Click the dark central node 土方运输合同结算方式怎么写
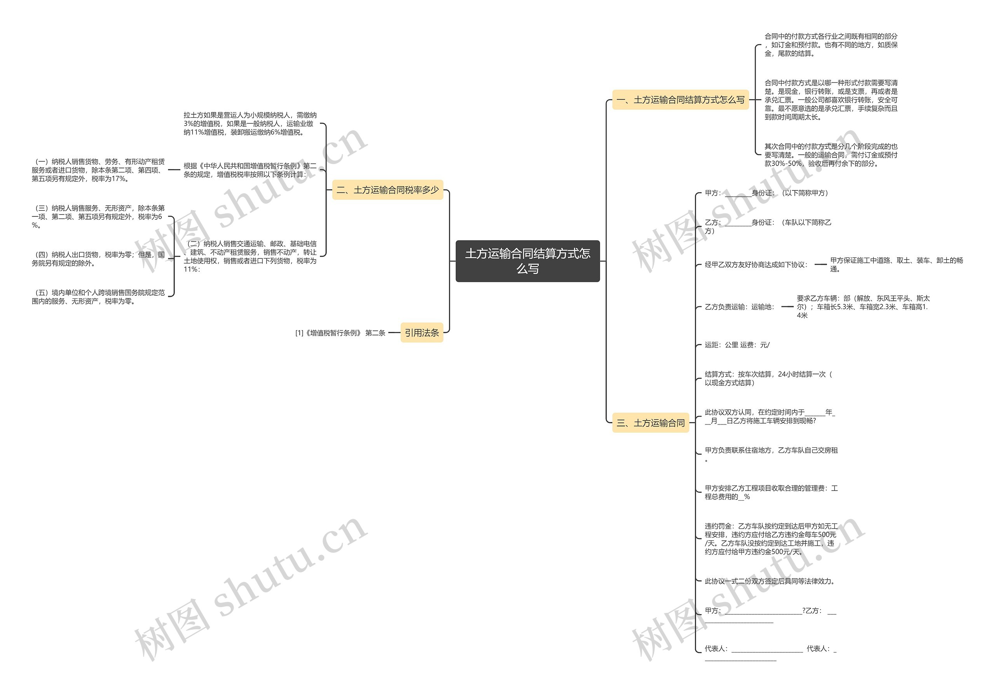coord(527,261)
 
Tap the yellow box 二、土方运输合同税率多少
coord(388,190)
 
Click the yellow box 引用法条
coord(422,332)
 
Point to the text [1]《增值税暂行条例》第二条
coord(340,333)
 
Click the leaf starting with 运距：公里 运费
coord(737,345)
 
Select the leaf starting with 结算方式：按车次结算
coord(768,378)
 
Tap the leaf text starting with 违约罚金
coord(771,539)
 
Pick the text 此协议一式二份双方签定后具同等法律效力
coord(770,581)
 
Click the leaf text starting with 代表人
coord(770,652)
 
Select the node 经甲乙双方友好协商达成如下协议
coord(756,264)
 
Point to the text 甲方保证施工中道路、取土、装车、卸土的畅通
coord(896,264)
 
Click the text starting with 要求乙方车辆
coord(863,306)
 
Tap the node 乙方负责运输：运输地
coord(739,307)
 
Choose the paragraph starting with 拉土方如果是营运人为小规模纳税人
coord(250,124)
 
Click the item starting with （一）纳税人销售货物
coord(98,170)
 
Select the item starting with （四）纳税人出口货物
coord(98,259)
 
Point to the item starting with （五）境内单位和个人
coord(98,297)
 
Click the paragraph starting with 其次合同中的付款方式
coord(831,155)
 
